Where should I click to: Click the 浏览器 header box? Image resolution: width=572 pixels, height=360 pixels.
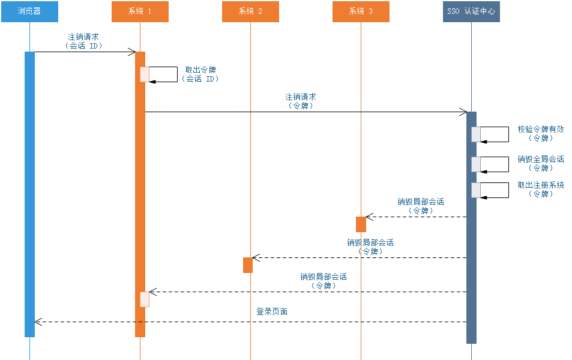(29, 11)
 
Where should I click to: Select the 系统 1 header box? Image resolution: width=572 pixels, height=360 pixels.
(140, 11)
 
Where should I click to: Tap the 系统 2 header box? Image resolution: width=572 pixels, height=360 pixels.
(250, 11)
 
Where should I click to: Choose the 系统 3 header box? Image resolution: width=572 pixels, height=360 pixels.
(361, 11)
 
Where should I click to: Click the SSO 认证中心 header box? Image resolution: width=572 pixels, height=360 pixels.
(471, 11)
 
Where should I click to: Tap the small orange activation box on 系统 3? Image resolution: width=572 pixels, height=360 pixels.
(361, 224)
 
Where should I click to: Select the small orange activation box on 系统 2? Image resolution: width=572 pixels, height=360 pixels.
(248, 265)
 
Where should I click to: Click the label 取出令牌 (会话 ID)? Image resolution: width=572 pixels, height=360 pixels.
(200, 74)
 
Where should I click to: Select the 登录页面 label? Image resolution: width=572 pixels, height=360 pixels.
(272, 311)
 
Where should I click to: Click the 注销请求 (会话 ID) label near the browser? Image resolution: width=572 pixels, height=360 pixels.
(83, 41)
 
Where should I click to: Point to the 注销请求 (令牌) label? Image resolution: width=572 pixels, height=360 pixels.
(301, 100)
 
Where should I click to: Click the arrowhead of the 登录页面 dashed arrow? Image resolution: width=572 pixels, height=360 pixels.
(38, 322)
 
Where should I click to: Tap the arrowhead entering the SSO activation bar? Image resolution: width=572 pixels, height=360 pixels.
(463, 112)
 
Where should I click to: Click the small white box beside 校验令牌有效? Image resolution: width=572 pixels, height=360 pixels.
(476, 134)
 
